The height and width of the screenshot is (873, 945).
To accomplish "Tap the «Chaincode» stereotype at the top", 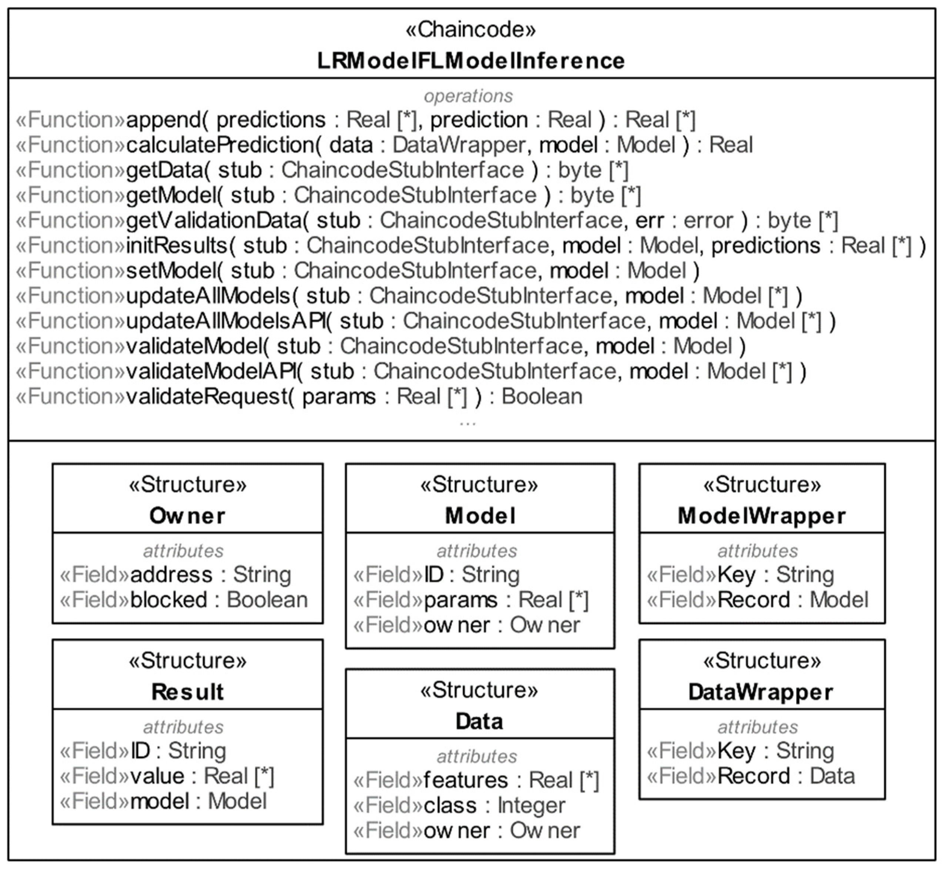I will point(471,29).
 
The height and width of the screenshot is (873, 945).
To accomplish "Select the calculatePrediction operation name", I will point(220,145).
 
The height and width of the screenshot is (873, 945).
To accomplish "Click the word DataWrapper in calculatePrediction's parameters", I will point(459,145).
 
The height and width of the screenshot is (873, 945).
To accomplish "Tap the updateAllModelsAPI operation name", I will point(226,321).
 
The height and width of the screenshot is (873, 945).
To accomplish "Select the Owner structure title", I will point(187,515).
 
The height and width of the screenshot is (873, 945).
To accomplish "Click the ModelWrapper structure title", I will point(761,515).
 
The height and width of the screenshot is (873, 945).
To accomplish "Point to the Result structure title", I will point(187,692).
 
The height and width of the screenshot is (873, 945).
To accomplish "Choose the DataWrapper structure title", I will point(761,692).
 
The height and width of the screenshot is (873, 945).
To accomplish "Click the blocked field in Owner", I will point(169,600).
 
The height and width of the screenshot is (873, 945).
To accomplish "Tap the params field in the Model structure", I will point(460,600).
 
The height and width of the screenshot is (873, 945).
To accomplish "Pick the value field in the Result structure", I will point(157,776).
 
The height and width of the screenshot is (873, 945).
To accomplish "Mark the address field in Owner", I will point(171,575).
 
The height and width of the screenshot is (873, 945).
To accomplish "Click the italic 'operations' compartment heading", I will point(468,96).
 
